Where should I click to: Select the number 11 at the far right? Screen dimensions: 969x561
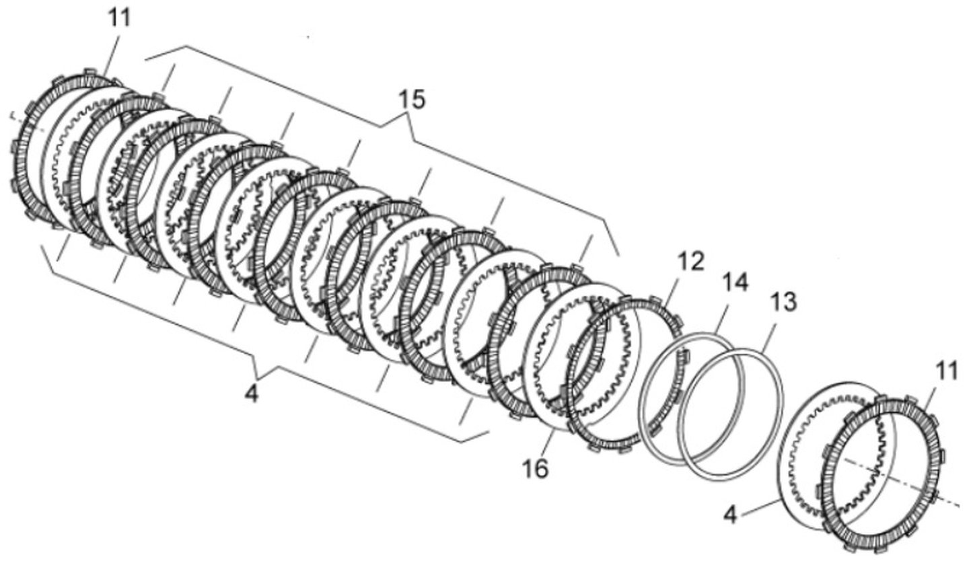[946, 372]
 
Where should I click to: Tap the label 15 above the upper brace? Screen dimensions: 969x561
[411, 100]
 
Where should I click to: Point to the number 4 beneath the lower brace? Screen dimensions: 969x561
[252, 394]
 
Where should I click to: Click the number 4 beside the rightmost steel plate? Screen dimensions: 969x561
[730, 515]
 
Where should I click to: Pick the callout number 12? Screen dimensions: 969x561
[691, 261]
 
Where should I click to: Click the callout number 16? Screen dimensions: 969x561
[535, 468]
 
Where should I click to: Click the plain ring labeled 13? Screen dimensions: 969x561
[782, 402]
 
